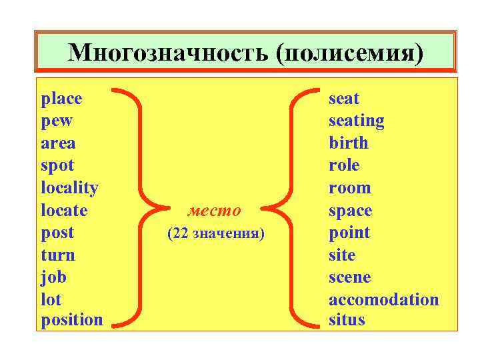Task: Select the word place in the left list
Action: click(61, 99)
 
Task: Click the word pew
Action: click(57, 121)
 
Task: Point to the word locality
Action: click(69, 188)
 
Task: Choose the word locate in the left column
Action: click(64, 211)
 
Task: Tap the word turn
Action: click(58, 255)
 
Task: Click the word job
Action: click(53, 277)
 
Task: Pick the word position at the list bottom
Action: click(72, 320)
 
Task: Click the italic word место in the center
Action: click(214, 211)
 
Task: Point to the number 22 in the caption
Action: click(181, 234)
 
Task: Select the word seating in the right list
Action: click(356, 121)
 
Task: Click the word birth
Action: click(348, 143)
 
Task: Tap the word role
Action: click(344, 165)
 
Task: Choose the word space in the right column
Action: click(351, 211)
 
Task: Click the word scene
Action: click(349, 277)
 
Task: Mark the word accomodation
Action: click(383, 299)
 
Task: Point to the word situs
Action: click(347, 320)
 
